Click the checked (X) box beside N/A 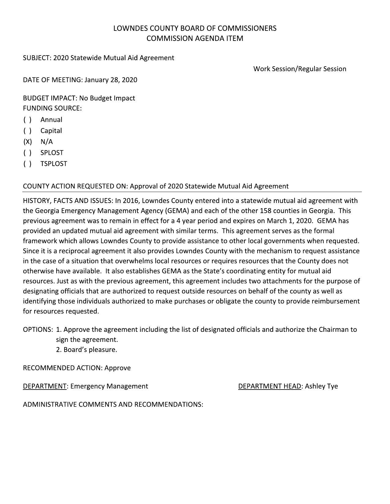(28, 142)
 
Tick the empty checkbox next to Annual (28, 120)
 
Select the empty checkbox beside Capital (28, 131)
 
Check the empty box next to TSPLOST (28, 164)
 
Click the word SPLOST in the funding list (52, 153)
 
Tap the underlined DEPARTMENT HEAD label (269, 386)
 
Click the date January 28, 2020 (111, 80)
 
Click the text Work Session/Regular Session (299, 69)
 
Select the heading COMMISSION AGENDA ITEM (195, 38)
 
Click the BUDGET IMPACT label (50, 98)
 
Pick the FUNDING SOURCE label (52, 108)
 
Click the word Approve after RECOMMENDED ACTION (117, 368)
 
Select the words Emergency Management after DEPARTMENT (109, 386)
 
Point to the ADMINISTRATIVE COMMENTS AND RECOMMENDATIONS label (113, 404)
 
